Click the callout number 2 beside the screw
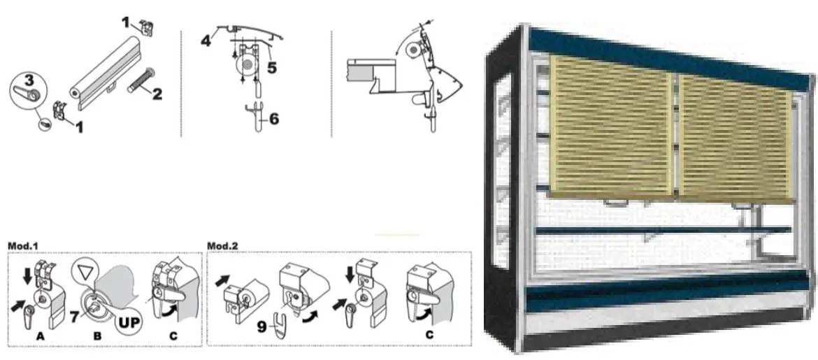tap(157, 93)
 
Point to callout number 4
tap(206, 39)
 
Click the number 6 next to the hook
tap(273, 119)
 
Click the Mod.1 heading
tap(23, 246)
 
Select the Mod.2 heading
tap(224, 246)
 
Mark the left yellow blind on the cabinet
tap(610, 126)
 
